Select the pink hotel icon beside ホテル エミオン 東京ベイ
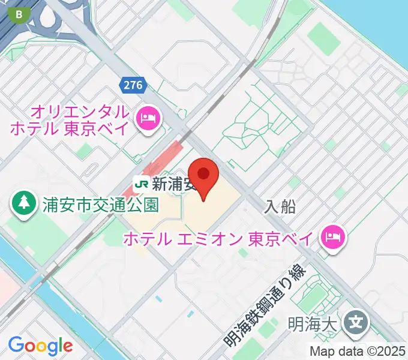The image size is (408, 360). [331, 238]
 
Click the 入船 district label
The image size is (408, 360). [280, 207]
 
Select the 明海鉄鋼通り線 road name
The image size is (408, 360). [264, 307]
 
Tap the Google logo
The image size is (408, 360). [40, 346]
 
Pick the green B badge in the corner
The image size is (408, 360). [22, 13]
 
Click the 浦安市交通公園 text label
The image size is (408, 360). [100, 205]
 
